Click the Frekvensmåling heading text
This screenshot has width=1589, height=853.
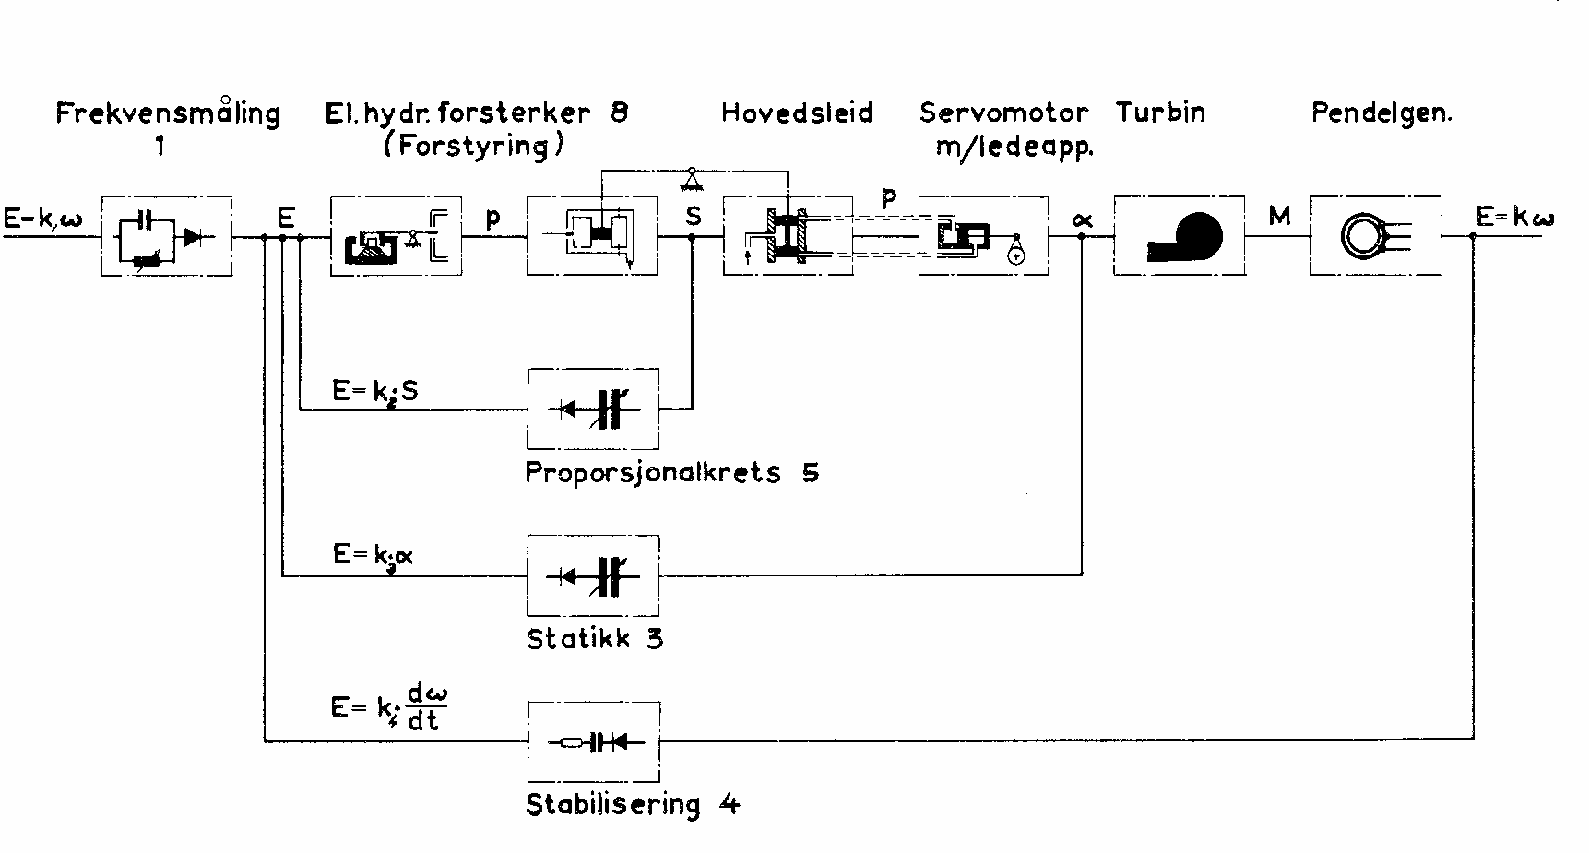coord(168,113)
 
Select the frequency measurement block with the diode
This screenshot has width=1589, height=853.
coord(167,237)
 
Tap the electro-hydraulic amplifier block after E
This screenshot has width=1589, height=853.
coord(396,236)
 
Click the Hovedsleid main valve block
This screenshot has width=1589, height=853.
coord(788,236)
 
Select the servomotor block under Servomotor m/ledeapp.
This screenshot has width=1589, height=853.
coord(983,236)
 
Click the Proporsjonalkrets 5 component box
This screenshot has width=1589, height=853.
coord(593,408)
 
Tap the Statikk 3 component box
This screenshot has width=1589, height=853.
coord(593,575)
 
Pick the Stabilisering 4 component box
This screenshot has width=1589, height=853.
coord(593,741)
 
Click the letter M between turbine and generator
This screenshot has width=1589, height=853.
coord(1278,217)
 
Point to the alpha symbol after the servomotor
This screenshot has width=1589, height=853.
coord(1082,219)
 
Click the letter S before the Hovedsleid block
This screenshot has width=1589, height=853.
coord(694,216)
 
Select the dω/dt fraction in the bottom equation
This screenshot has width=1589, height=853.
coord(426,708)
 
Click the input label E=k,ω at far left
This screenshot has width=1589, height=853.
coord(42,218)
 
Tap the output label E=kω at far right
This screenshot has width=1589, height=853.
coord(1513,218)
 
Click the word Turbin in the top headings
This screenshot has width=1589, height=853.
coord(1160,113)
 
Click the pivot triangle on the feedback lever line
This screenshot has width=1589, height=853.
coord(690,177)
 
